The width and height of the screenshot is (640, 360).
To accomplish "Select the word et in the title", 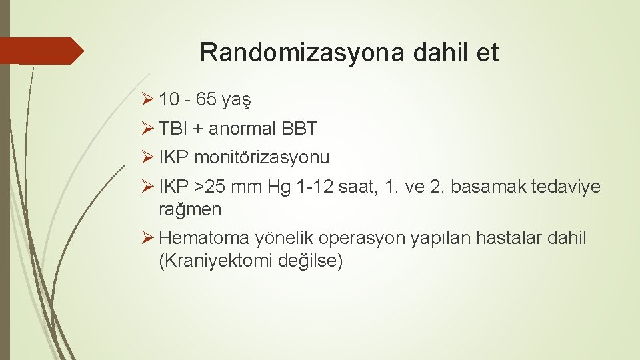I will pos(487,53).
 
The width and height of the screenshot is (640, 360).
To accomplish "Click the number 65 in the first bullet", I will pos(207,100).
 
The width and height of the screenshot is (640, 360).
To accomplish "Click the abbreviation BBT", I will pos(300,129).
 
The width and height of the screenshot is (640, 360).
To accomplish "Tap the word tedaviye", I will pos(566,187).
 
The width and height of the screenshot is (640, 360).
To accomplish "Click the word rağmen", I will pos(190,209).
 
